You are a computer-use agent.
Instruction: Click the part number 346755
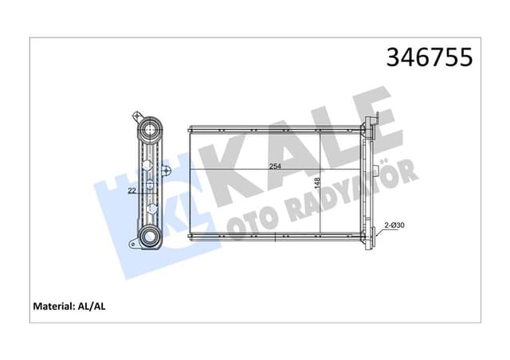pos(429,57)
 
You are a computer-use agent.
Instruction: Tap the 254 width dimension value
pos(275,166)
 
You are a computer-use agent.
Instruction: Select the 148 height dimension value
pos(318,182)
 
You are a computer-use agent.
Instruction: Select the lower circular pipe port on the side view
pos(149,237)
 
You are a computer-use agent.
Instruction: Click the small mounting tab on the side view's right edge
pos(166,170)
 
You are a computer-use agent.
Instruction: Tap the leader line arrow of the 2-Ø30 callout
pos(376,232)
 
